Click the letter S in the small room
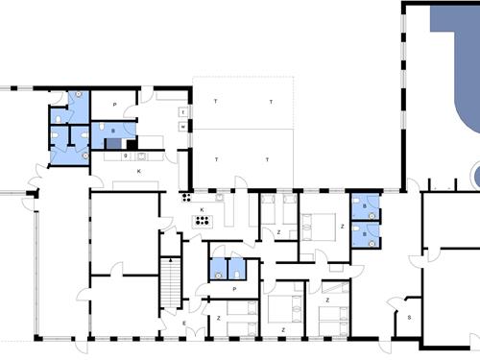click(x=410, y=316)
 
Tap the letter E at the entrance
click(x=186, y=324)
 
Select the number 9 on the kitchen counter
click(x=126, y=156)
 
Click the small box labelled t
click(x=181, y=112)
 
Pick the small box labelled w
click(x=181, y=126)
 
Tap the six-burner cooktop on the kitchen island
click(x=203, y=220)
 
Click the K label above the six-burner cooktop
click(x=203, y=209)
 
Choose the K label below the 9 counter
click(x=139, y=171)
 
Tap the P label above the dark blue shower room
click(x=113, y=104)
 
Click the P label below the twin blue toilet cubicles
click(x=234, y=287)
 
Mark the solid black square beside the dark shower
click(x=132, y=145)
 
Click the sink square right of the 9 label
click(x=140, y=154)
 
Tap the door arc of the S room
click(x=395, y=305)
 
